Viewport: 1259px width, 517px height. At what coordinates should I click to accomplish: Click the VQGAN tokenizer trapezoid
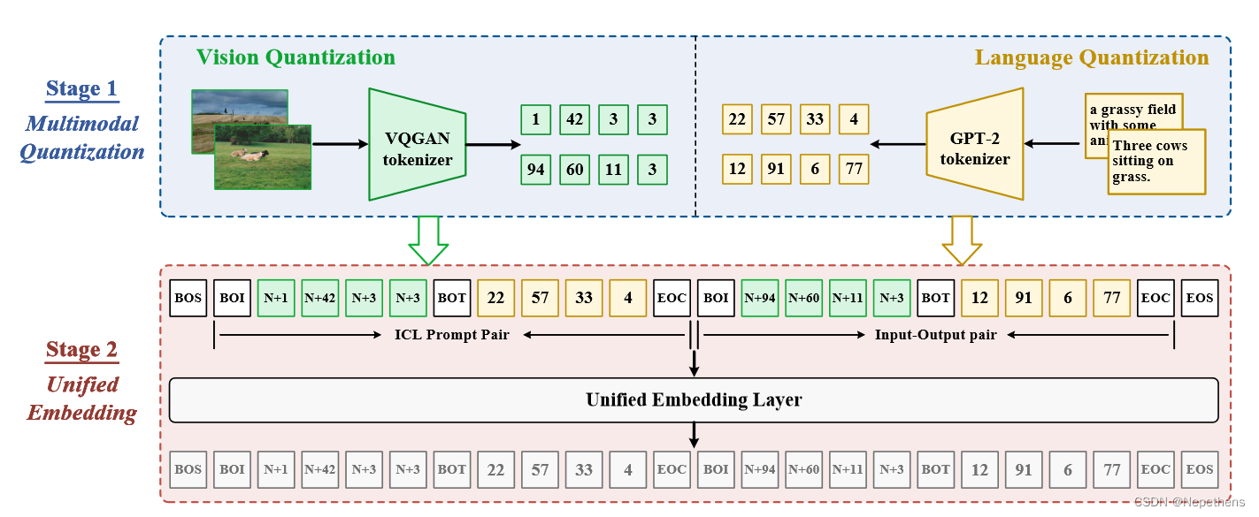pyautogui.click(x=417, y=144)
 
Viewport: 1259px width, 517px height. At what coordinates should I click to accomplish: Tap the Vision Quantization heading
pyautogui.click(x=296, y=57)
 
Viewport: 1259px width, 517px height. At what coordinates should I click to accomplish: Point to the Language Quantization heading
pyautogui.click(x=1092, y=57)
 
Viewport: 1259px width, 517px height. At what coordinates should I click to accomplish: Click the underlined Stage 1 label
pyautogui.click(x=81, y=88)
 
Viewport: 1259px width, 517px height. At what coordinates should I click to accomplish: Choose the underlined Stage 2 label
pyautogui.click(x=81, y=349)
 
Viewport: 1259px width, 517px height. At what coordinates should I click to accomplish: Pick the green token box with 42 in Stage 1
pyautogui.click(x=574, y=119)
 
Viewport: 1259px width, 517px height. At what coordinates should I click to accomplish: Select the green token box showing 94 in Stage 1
pyautogui.click(x=535, y=169)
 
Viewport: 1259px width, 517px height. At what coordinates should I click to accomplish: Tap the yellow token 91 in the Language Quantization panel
pyautogui.click(x=776, y=169)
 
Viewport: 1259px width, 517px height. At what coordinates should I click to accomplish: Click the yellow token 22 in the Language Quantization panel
pyautogui.click(x=737, y=119)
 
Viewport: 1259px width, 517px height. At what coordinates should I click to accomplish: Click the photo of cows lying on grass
pyautogui.click(x=263, y=156)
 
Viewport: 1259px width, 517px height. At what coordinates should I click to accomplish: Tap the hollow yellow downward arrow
pyautogui.click(x=962, y=239)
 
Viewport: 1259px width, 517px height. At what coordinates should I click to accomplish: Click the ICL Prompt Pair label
pyautogui.click(x=451, y=335)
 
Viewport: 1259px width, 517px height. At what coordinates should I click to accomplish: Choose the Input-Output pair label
pyautogui.click(x=935, y=335)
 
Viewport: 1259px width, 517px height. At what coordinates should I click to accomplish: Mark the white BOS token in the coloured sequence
pyautogui.click(x=188, y=298)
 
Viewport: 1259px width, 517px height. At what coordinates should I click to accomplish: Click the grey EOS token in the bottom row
pyautogui.click(x=1200, y=469)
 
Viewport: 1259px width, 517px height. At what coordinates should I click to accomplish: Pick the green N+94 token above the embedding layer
pyautogui.click(x=760, y=298)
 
